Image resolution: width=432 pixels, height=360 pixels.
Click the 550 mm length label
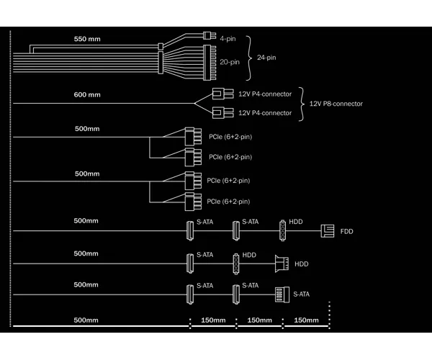click(87, 39)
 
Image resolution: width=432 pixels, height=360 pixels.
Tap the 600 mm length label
click(87, 95)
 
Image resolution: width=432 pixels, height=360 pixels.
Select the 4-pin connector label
click(228, 39)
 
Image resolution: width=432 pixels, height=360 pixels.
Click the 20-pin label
click(230, 62)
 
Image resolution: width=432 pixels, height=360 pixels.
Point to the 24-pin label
click(266, 58)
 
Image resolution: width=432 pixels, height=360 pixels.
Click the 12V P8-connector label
click(336, 104)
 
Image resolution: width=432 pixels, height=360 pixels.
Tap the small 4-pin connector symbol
click(210, 35)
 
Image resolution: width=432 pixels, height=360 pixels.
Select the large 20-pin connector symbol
click(210, 63)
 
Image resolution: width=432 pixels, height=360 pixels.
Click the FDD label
click(346, 231)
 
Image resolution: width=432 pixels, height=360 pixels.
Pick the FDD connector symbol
click(328, 231)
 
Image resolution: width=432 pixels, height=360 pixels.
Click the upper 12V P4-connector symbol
click(223, 94)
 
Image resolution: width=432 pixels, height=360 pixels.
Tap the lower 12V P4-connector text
click(265, 113)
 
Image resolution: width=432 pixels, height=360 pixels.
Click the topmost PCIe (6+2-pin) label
click(230, 137)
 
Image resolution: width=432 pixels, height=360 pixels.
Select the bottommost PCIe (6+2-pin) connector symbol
click(193, 202)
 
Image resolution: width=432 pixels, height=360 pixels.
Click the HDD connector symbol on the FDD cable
click(282, 230)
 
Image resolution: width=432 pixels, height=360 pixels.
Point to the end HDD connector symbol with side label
click(282, 264)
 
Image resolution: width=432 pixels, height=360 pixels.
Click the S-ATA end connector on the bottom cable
click(282, 294)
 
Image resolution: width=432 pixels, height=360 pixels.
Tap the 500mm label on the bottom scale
click(86, 320)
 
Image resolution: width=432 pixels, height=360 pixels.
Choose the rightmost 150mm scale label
click(306, 320)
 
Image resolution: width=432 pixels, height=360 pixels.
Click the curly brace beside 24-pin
click(249, 58)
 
